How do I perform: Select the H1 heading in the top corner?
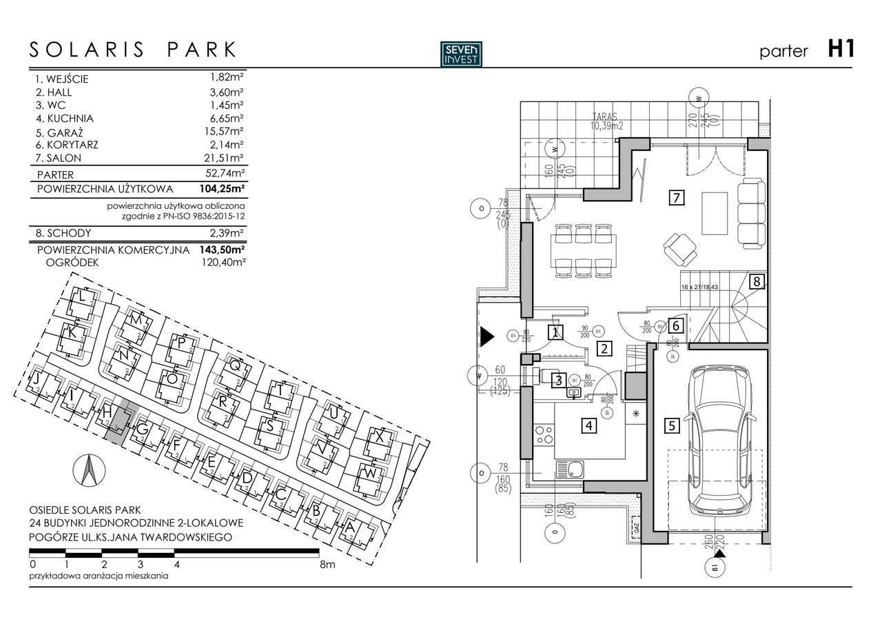point(841,50)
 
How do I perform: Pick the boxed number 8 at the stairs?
point(756,281)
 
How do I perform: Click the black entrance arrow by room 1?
point(486,336)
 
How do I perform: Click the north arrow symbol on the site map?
point(88,472)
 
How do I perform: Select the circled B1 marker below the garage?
point(715,569)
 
